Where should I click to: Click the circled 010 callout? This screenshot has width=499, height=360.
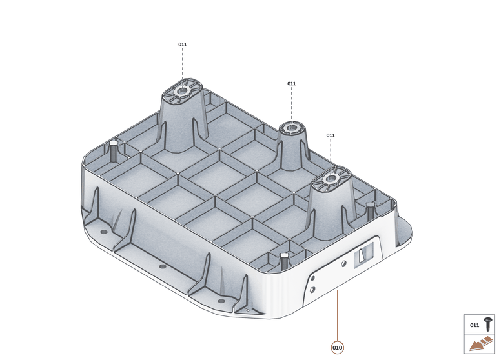click(x=337, y=348)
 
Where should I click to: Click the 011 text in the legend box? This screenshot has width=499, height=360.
click(x=474, y=325)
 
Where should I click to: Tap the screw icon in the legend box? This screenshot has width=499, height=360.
click(x=487, y=324)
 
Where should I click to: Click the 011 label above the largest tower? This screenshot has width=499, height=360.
click(x=183, y=45)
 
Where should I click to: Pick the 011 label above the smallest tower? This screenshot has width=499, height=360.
click(x=292, y=83)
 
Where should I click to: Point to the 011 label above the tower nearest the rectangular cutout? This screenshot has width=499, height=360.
click(x=331, y=135)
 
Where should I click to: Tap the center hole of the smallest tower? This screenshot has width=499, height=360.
click(x=291, y=126)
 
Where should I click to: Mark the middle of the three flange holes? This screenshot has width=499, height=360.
click(x=161, y=266)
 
